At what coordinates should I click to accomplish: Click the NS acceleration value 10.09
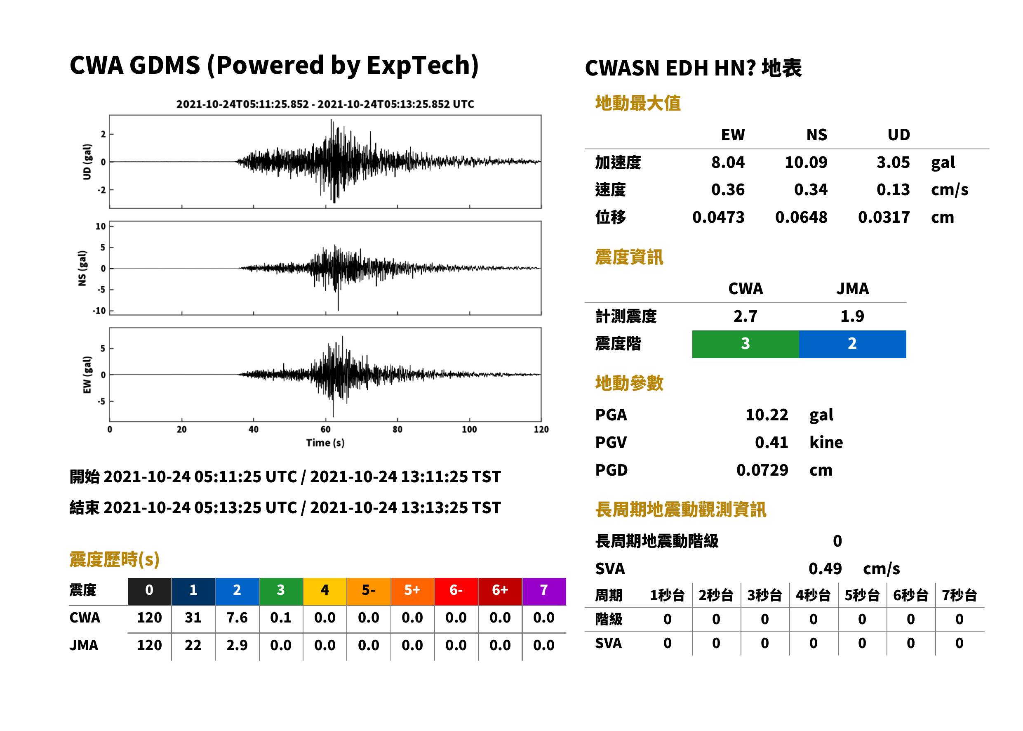806,162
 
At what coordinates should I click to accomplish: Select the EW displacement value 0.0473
718,217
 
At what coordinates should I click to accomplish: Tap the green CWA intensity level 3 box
745,344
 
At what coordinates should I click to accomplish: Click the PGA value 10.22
767,415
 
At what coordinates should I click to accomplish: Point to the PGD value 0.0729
762,470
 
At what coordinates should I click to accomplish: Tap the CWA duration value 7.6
237,618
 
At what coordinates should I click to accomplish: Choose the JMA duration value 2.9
237,645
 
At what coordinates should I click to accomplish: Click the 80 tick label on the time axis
397,429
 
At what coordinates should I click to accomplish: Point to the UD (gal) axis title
87,162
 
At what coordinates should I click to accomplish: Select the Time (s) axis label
325,443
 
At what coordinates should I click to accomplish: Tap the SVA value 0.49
825,568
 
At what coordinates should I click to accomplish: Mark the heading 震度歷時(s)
114,559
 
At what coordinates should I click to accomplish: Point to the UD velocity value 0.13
893,189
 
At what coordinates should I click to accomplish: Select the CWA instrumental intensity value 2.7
745,316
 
